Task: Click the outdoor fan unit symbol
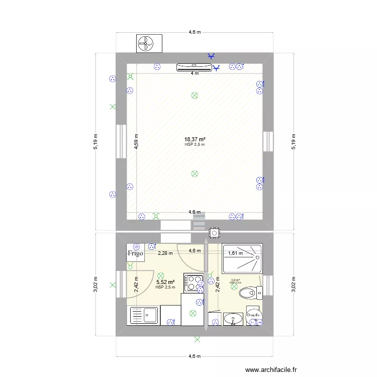(x=149, y=44)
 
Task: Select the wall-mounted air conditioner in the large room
(x=194, y=66)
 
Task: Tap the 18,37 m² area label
(x=195, y=139)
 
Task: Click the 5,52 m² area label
(x=165, y=282)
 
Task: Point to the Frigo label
(x=135, y=253)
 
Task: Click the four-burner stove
(x=193, y=283)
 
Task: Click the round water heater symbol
(x=254, y=315)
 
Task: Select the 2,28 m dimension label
(x=165, y=253)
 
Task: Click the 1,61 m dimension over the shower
(x=236, y=254)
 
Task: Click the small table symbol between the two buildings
(x=215, y=233)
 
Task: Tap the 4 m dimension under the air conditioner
(x=194, y=73)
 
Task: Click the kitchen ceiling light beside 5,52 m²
(x=160, y=275)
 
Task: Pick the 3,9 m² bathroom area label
(x=235, y=281)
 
